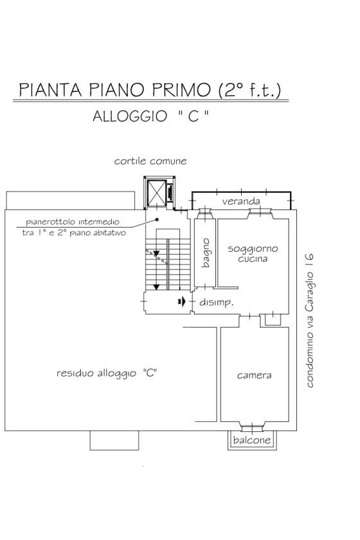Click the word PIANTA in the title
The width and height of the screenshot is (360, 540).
(50, 89)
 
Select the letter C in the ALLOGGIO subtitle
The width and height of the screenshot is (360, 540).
(194, 116)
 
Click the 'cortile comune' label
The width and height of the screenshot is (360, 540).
(150, 161)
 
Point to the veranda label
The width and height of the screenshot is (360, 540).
(241, 201)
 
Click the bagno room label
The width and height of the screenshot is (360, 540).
(205, 253)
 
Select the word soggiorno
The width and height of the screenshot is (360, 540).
(253, 249)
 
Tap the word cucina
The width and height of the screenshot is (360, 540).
(253, 258)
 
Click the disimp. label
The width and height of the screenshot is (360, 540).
(217, 302)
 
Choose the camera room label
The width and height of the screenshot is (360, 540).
(254, 375)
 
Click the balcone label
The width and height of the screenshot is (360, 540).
(252, 440)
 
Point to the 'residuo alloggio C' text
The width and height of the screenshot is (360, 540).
(107, 373)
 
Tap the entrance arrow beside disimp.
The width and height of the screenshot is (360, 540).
(182, 301)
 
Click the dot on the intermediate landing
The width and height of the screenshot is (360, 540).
(157, 219)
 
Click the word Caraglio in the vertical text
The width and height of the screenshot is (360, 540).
(310, 291)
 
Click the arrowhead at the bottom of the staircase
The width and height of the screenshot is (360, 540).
(156, 287)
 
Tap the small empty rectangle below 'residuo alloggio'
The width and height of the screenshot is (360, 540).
(114, 440)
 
